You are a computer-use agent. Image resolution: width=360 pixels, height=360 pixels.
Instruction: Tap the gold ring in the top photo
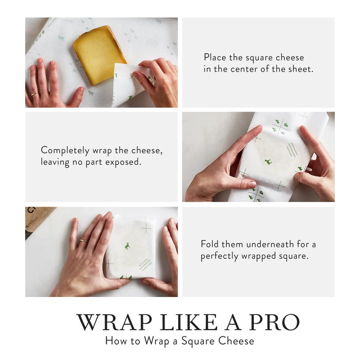click(x=34, y=94)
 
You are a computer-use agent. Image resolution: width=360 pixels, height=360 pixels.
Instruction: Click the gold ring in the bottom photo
click(x=83, y=241)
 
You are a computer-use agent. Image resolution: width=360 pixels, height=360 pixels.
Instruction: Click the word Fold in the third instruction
click(x=210, y=244)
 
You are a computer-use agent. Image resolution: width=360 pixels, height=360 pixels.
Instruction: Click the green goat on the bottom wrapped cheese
click(x=127, y=246)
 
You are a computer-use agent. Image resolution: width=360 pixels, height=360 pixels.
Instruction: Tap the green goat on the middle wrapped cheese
click(x=269, y=161)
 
